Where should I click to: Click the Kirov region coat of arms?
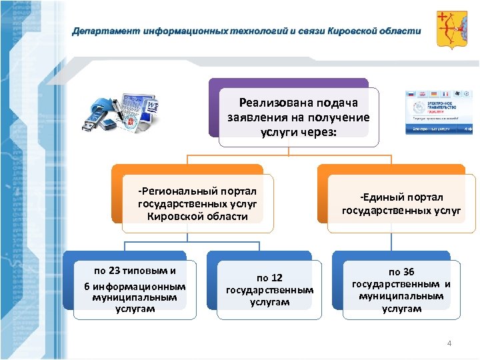(451, 30)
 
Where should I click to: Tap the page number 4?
(449, 343)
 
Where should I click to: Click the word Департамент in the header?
(101, 31)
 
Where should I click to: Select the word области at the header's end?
(401, 31)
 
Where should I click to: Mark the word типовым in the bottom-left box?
(150, 271)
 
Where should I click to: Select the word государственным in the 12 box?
(269, 290)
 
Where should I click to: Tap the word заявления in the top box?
(250, 117)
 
